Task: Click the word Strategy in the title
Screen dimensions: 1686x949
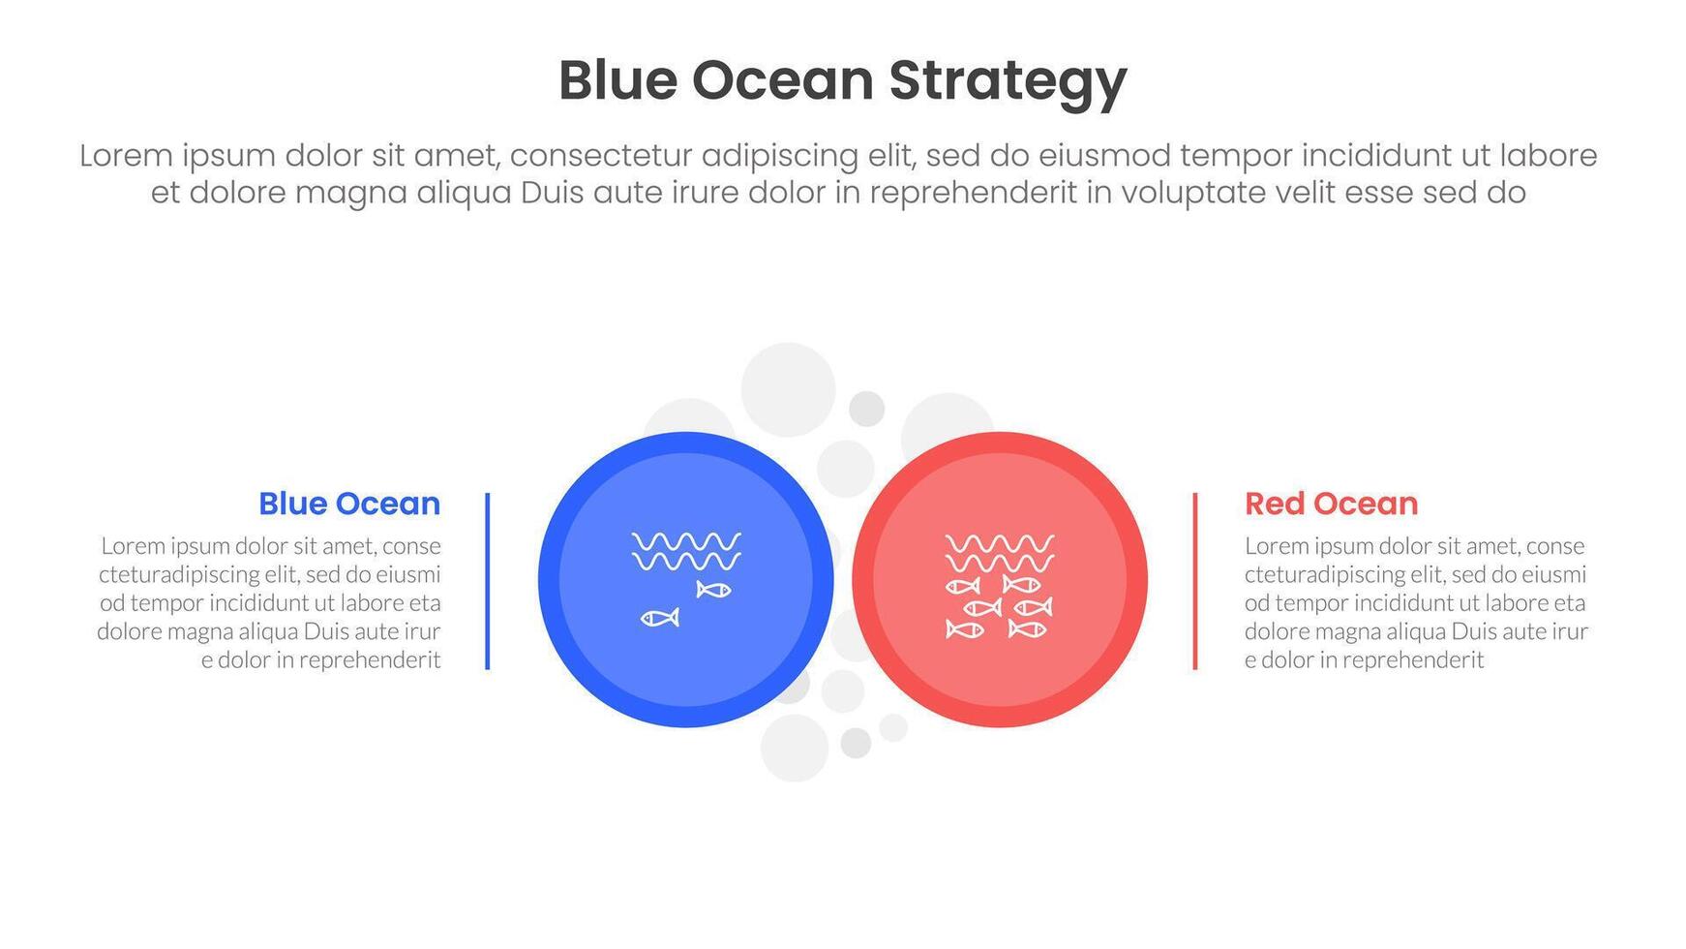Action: click(1008, 81)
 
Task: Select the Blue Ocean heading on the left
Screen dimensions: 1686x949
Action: click(349, 504)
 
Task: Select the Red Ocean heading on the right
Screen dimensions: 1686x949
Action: click(1331, 504)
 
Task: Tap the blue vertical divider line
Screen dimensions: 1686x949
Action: click(487, 581)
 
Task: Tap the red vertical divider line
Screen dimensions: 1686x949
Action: click(1195, 581)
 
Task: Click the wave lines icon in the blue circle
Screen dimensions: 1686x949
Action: click(686, 551)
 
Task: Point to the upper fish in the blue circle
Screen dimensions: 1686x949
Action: click(713, 589)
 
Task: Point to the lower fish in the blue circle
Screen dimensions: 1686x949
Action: click(660, 618)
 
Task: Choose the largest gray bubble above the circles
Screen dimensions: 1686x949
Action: click(788, 389)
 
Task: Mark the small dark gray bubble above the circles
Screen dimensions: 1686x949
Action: click(866, 409)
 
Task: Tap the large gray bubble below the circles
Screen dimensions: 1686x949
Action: click(795, 748)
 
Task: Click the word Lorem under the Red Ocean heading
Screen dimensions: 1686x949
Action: click(1277, 546)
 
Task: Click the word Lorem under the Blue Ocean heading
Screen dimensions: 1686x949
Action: click(134, 546)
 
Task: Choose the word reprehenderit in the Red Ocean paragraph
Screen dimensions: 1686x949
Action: click(1413, 661)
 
